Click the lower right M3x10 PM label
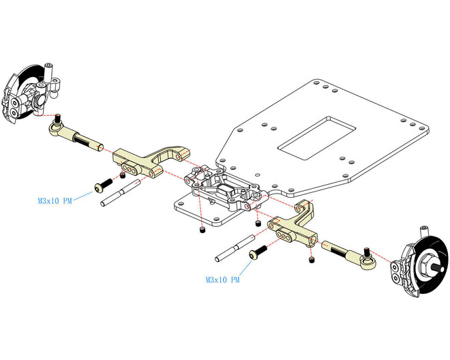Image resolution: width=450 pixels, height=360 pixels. pyautogui.click(x=222, y=280)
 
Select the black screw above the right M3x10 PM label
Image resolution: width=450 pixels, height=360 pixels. pyautogui.click(x=256, y=254)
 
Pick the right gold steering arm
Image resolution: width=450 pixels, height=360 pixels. pyautogui.click(x=295, y=226)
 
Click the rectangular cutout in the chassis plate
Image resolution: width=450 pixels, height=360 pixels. pyautogui.click(x=316, y=135)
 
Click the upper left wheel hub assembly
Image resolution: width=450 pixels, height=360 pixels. pyautogui.click(x=27, y=95)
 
